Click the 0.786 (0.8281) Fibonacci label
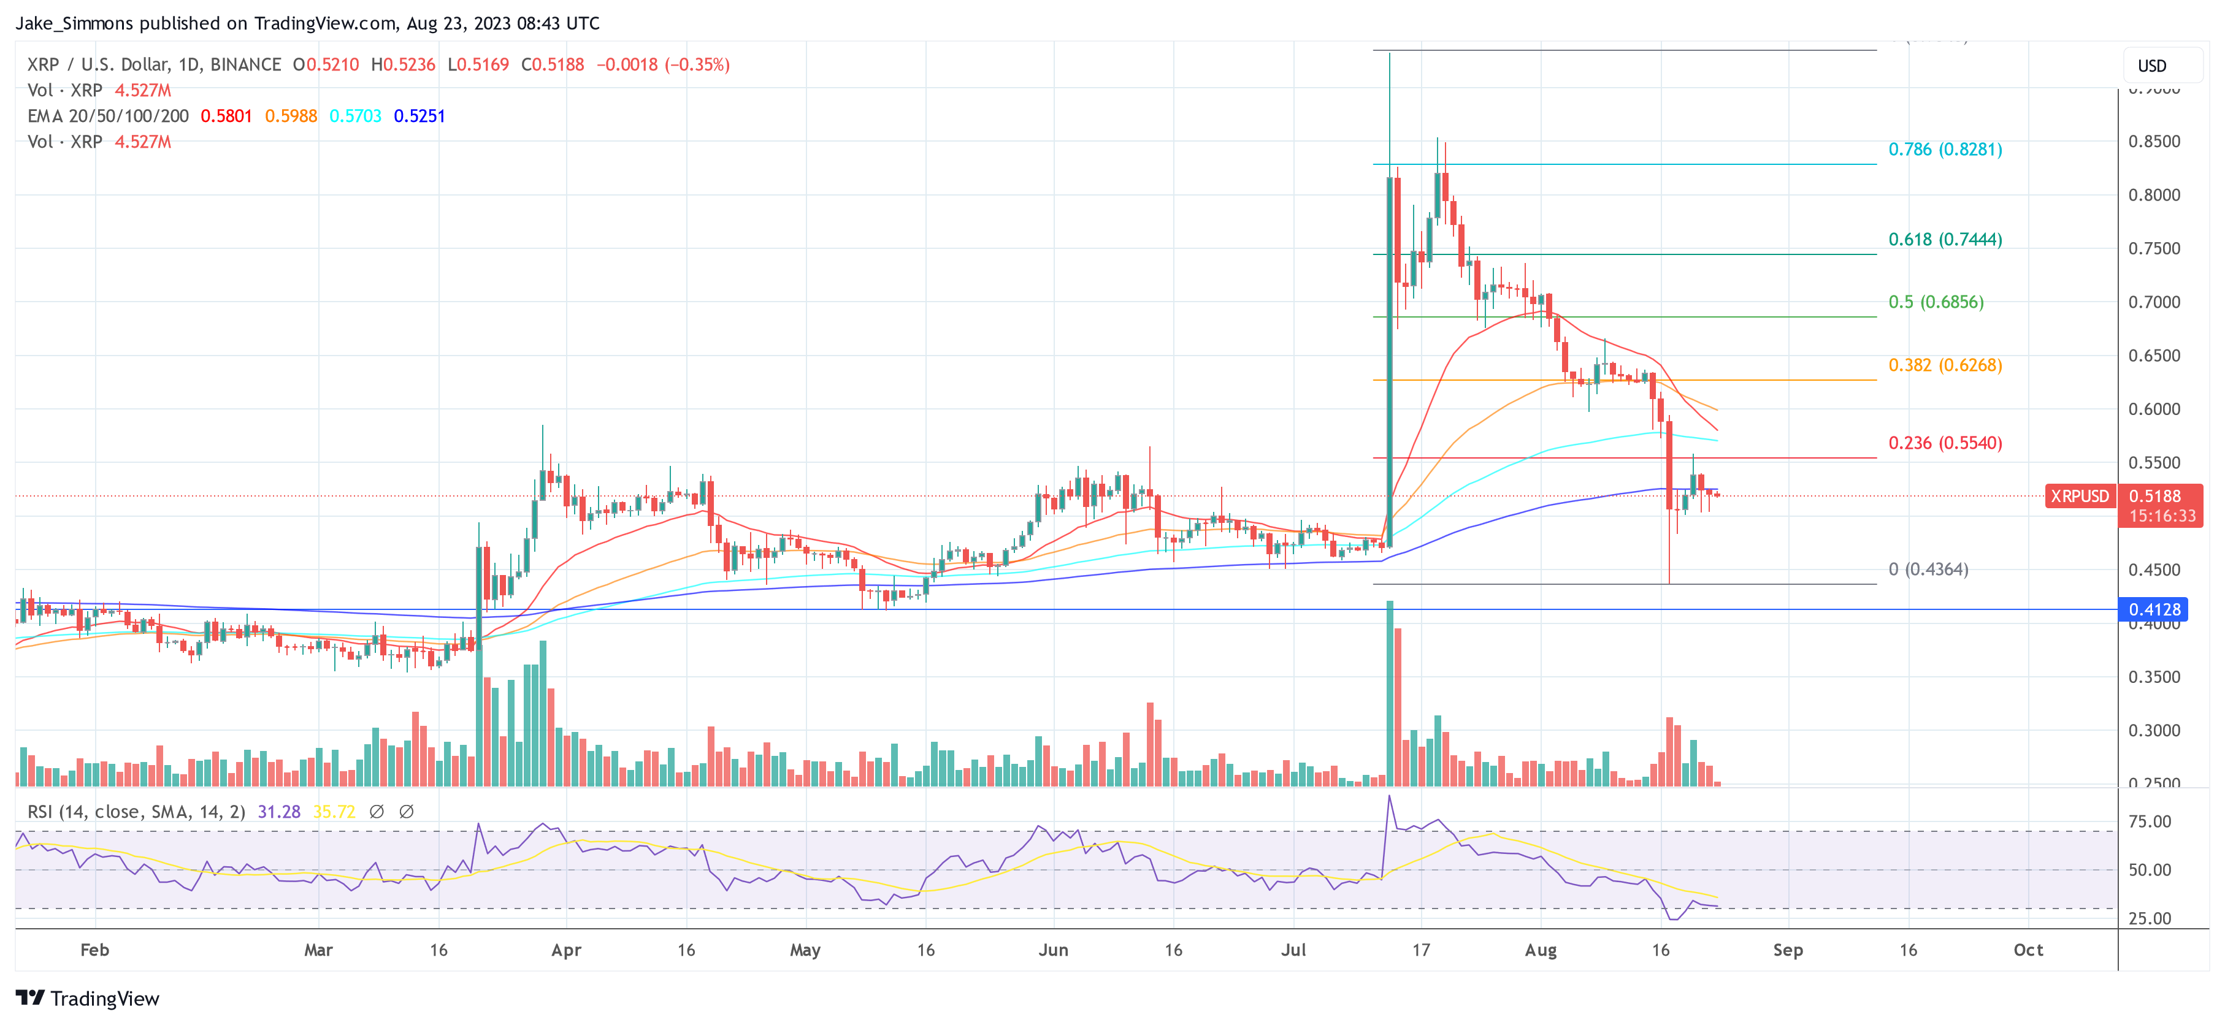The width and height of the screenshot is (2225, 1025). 1944,150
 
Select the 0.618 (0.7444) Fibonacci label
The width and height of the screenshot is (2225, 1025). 1944,239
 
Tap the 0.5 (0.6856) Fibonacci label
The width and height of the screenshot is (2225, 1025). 1935,302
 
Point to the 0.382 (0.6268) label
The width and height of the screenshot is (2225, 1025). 1944,365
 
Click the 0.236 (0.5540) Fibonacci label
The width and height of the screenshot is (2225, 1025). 1944,443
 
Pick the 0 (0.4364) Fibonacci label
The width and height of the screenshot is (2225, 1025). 1928,569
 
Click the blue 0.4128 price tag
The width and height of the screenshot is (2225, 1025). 2153,609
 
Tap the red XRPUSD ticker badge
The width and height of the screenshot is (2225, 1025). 2079,497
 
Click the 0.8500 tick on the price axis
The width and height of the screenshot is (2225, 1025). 2153,142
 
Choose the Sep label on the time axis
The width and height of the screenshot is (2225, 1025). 1787,950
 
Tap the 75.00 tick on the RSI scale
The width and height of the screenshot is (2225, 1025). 2149,821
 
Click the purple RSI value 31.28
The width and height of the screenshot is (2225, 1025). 279,812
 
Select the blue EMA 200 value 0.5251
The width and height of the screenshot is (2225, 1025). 419,116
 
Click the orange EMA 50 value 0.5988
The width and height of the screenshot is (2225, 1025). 291,116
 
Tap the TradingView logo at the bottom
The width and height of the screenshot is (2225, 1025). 88,998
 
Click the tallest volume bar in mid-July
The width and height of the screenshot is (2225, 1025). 1389,691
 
